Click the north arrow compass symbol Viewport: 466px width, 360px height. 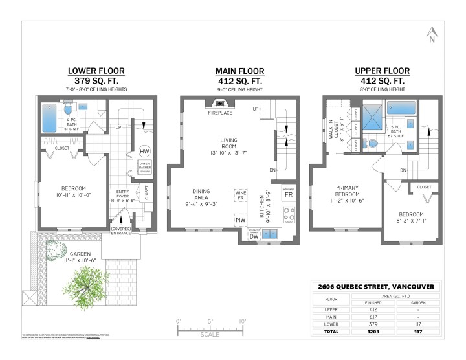432,34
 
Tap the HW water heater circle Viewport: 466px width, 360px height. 144,152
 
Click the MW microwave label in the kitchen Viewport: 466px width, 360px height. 239,220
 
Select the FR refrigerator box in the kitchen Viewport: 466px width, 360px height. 288,194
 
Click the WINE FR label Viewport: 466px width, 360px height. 240,195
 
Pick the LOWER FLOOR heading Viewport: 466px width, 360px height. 96,71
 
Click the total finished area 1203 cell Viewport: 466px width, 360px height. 372,331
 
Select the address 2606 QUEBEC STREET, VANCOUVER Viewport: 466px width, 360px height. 375,287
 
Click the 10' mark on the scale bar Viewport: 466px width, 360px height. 241,321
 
